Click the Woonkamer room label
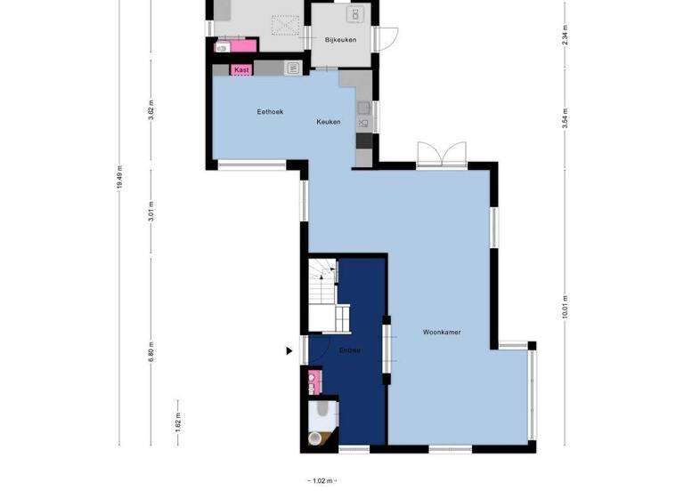point(442,333)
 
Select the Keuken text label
point(329,122)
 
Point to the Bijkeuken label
point(341,40)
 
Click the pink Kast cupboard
point(241,68)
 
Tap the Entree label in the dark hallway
point(349,350)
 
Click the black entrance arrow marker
point(289,351)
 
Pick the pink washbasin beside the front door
point(313,382)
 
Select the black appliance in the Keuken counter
point(363,141)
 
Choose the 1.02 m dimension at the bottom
point(322,481)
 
